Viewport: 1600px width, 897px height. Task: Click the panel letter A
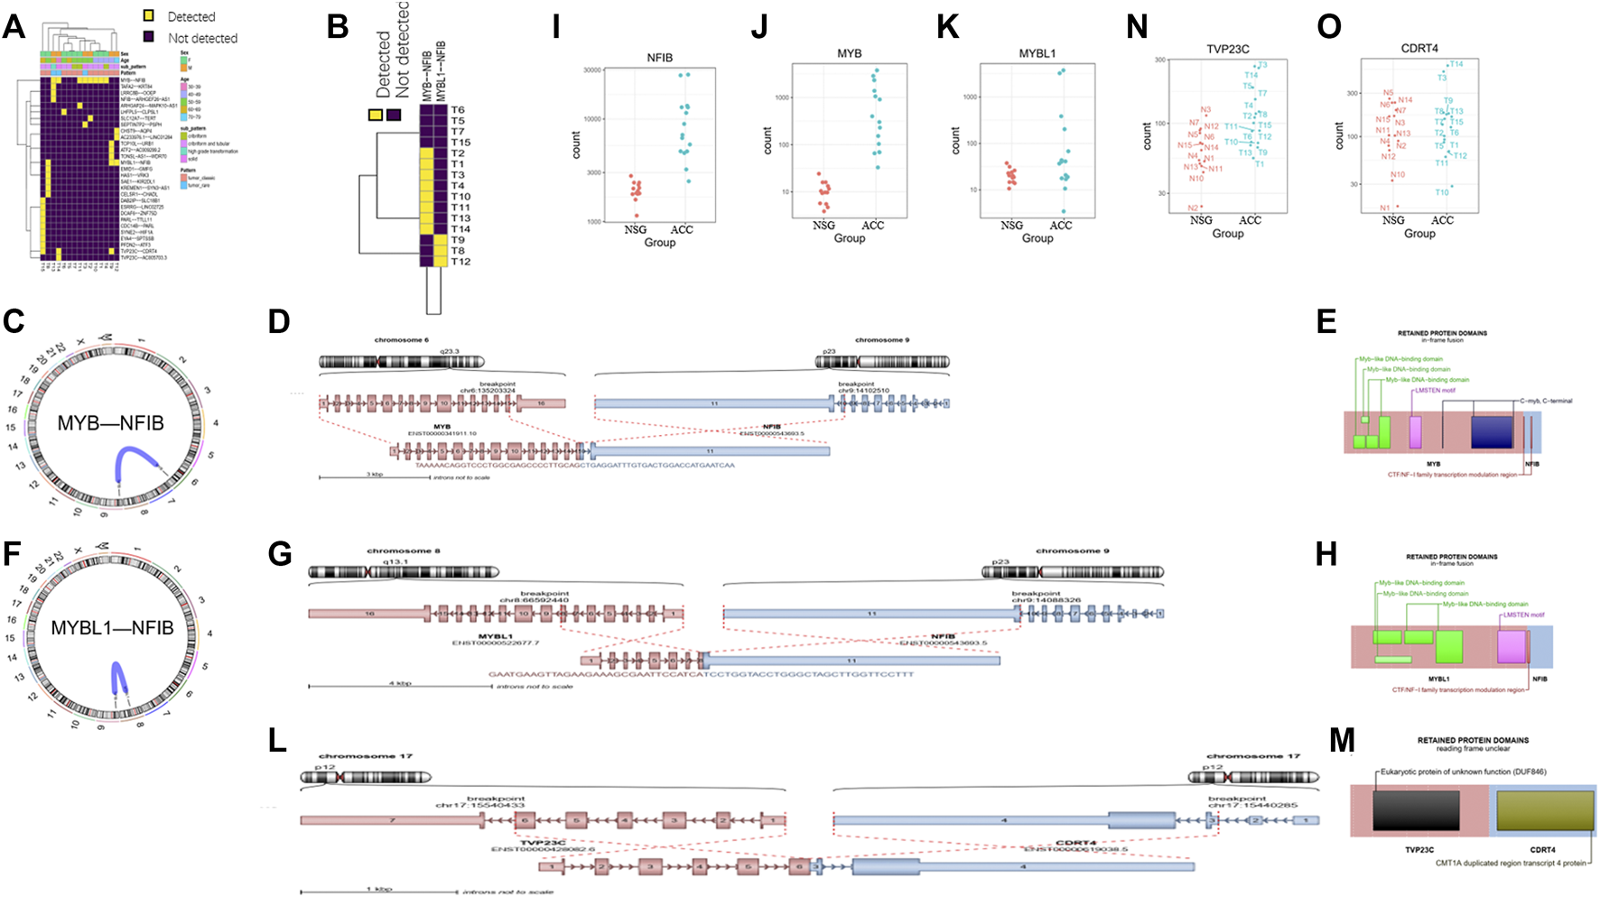click(14, 26)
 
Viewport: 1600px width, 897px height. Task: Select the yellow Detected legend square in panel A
click(150, 16)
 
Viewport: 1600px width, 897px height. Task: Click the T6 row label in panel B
click(458, 110)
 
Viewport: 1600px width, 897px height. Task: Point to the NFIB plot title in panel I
click(659, 58)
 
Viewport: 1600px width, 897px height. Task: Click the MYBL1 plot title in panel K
click(1037, 54)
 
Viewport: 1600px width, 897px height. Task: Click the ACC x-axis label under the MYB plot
click(872, 226)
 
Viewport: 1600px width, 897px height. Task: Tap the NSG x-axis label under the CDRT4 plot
click(1393, 220)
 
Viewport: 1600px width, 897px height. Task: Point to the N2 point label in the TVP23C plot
click(1193, 208)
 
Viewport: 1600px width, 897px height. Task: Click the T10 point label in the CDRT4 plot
click(1442, 192)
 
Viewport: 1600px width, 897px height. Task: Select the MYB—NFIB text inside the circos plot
click(110, 423)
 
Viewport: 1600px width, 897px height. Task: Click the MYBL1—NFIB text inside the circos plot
click(112, 628)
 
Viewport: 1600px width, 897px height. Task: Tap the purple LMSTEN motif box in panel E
click(1415, 431)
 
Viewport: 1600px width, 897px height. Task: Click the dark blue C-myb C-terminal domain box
click(1491, 431)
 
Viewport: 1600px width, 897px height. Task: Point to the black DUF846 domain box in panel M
click(1415, 810)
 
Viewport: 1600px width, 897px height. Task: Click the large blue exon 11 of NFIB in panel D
click(713, 403)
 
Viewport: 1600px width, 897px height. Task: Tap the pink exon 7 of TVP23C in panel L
click(392, 820)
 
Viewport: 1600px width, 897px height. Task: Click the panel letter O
click(1329, 27)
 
